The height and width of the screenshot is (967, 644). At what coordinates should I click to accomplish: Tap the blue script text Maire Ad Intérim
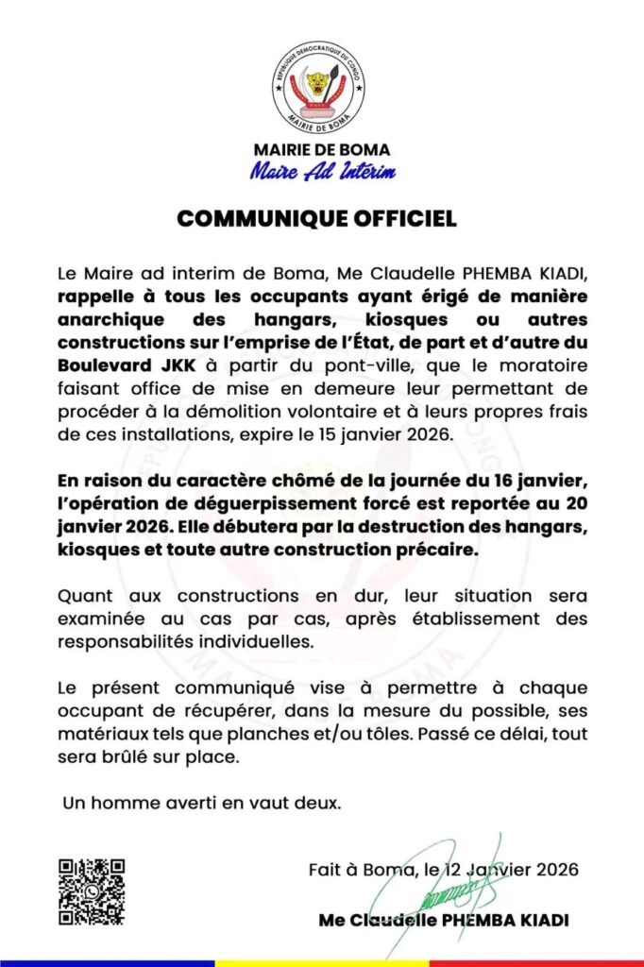pos(322,171)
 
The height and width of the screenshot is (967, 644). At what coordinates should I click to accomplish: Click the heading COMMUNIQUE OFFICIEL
pos(317,218)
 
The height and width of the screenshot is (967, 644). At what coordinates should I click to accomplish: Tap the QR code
pos(92,891)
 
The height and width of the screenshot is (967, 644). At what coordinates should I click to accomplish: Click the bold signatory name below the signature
pos(444,920)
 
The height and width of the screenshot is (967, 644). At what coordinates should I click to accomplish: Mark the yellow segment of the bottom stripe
pos(321,962)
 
